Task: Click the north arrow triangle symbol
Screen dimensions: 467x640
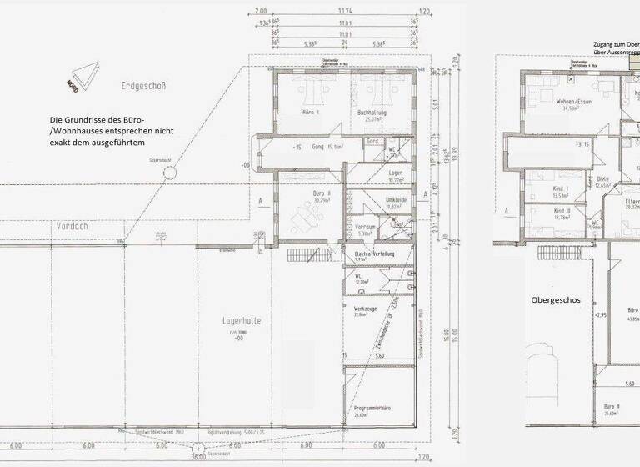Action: point(81,77)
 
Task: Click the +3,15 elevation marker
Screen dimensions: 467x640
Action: point(582,144)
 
